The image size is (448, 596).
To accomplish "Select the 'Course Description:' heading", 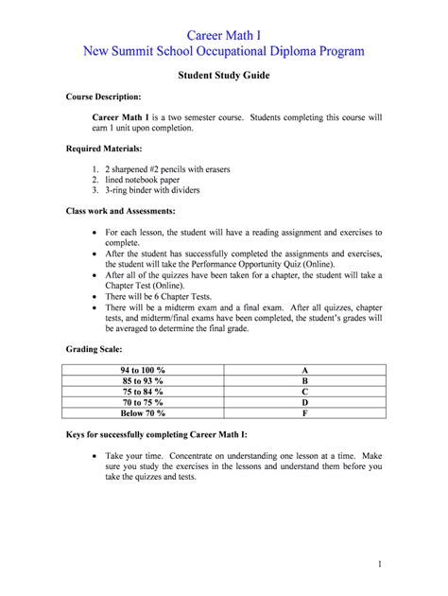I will click(104, 97).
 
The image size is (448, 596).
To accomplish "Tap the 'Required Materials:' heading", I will click(104, 149).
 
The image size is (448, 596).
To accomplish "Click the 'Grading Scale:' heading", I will click(95, 349).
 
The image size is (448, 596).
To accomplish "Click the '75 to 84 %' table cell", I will click(142, 390).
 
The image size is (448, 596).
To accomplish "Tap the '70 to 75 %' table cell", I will click(142, 401).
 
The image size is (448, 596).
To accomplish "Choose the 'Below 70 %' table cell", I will click(142, 412).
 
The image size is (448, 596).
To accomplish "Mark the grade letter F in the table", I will click(305, 412).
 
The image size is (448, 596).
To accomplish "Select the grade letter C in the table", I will click(305, 390).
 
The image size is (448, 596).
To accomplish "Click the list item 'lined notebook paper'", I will click(151, 180).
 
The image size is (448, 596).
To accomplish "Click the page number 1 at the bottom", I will click(379, 565).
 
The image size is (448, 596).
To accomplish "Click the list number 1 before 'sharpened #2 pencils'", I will click(95, 168).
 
